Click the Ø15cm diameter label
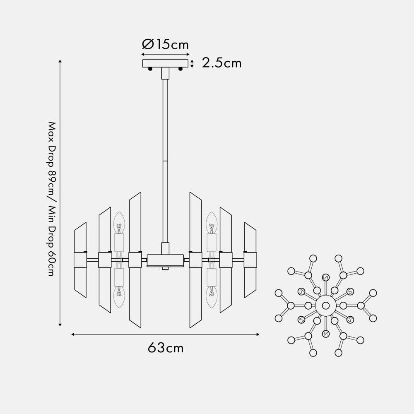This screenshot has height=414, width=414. point(165,44)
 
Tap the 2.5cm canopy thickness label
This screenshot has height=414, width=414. point(221,63)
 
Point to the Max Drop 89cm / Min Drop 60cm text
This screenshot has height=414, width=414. point(52,199)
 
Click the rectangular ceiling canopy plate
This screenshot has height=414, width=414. point(165,63)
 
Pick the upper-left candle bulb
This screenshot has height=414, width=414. point(119,223)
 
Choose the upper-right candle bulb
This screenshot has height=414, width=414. point(212,223)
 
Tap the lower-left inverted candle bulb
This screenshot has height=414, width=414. point(119,297)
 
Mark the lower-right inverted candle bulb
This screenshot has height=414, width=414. point(212,297)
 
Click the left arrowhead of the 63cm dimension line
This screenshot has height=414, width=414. point(72,335)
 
